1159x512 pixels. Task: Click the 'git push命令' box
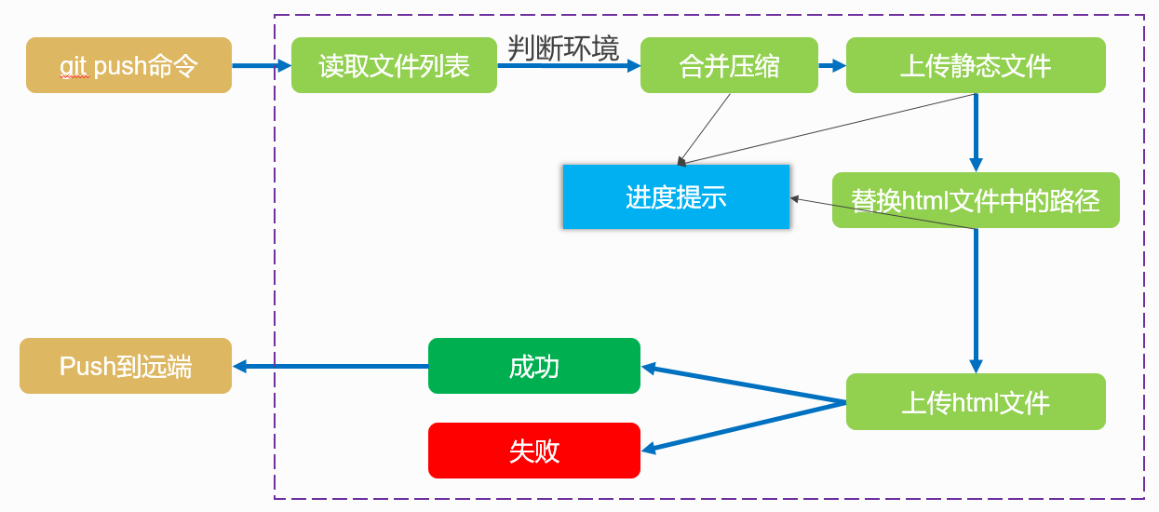click(128, 65)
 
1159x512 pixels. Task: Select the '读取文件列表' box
click(394, 65)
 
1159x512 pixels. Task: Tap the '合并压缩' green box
click(729, 65)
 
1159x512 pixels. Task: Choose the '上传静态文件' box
click(976, 65)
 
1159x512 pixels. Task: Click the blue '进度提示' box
click(676, 196)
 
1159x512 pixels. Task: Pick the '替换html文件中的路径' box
click(976, 200)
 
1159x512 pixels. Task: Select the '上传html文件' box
click(976, 402)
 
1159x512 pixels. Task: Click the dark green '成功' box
click(534, 367)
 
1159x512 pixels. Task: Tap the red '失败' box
click(534, 451)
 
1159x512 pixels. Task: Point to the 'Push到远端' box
click(126, 366)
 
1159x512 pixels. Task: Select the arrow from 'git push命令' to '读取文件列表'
click(262, 65)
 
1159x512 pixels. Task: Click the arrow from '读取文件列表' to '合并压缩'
click(569, 66)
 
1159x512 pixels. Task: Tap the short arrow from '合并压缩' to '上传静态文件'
click(832, 65)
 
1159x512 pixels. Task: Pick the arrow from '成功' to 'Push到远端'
click(330, 367)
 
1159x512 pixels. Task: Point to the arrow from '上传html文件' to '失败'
click(745, 426)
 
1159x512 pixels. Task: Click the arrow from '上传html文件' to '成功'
click(745, 385)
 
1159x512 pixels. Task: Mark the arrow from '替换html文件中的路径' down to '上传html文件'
click(977, 298)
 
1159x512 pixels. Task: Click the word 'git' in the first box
click(74, 66)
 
